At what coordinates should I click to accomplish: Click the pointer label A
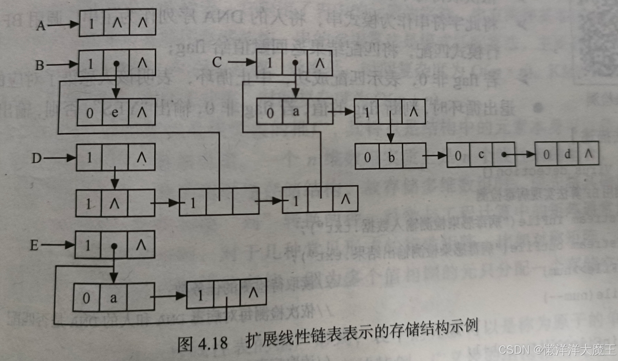pos(41,26)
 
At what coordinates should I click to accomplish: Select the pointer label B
pos(39,65)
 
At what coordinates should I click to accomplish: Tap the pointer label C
pos(217,63)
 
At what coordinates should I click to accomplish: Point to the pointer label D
pos(37,158)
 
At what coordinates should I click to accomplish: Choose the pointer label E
pos(34,245)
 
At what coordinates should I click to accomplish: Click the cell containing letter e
pos(115,112)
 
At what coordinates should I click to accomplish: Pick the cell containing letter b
pos(391,157)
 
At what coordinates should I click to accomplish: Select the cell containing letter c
pos(481,155)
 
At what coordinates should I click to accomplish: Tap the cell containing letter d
pos(567,154)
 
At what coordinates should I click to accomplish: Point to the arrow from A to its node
pos(63,24)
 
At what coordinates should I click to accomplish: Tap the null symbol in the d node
pos(588,153)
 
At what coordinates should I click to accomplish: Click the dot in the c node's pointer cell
pos(504,154)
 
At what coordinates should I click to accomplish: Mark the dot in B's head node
pos(116,64)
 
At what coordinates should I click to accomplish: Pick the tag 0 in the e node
pos(90,113)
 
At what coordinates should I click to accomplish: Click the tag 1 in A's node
pos(91,24)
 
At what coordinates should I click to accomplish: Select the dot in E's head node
pos(114,246)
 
